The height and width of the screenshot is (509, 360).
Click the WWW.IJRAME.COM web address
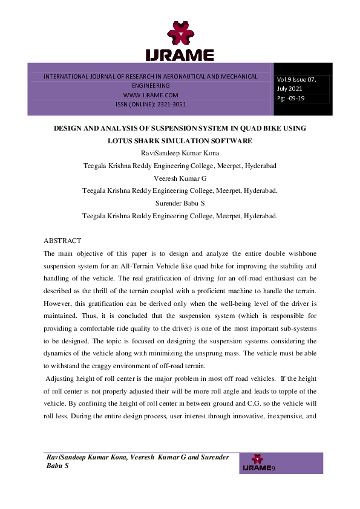pyautogui.click(x=151, y=96)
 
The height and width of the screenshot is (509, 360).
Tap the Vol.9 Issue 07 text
pyautogui.click(x=296, y=79)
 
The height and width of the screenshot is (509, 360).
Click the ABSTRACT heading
pyautogui.click(x=67, y=241)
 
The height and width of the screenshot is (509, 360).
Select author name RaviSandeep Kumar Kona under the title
pyautogui.click(x=180, y=153)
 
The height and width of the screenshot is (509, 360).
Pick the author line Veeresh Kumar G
pyautogui.click(x=180, y=180)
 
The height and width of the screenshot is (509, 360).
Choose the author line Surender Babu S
pyautogui.click(x=180, y=203)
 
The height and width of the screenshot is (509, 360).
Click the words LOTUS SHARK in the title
pyautogui.click(x=136, y=141)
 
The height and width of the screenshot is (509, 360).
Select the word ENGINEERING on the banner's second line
pyautogui.click(x=151, y=86)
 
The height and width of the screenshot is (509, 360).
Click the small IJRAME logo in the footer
pyautogui.click(x=257, y=464)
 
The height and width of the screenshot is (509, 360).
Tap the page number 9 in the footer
pyautogui.click(x=274, y=468)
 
